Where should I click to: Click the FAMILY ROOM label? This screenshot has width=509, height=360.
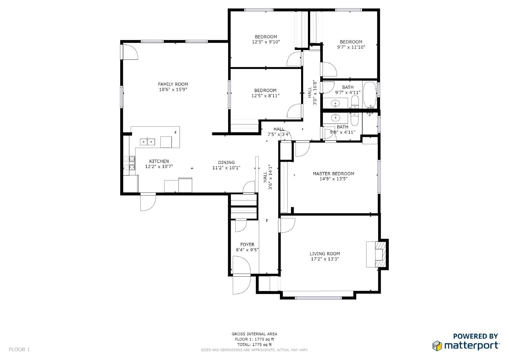[173, 84]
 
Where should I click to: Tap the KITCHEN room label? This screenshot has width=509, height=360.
[159, 161]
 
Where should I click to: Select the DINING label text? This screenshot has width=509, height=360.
[226, 162]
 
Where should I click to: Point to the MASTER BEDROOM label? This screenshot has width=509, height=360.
[333, 174]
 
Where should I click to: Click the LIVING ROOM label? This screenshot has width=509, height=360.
[325, 254]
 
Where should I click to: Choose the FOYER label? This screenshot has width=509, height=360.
[247, 244]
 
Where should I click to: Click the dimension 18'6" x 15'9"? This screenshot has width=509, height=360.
[173, 89]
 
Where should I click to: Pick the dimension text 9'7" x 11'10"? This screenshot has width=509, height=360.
[351, 47]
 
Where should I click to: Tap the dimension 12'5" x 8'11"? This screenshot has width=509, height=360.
[265, 96]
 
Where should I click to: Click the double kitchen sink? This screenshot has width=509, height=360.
[147, 142]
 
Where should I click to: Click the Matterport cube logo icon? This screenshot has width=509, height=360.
[437, 346]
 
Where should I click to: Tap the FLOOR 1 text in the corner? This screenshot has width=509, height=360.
[19, 349]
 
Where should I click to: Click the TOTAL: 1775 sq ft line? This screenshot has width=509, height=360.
[254, 344]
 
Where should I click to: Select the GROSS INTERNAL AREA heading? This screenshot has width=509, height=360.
[254, 334]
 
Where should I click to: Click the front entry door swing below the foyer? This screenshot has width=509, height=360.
[241, 285]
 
